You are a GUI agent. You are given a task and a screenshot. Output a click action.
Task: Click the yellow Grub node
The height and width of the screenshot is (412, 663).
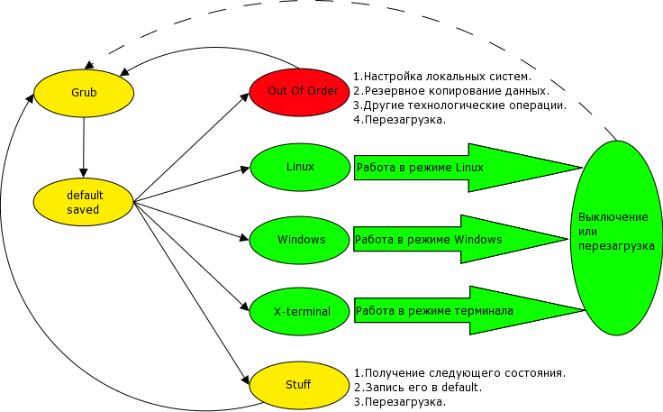click(84, 93)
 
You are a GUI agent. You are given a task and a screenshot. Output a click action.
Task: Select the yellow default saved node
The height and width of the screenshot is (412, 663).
click(84, 203)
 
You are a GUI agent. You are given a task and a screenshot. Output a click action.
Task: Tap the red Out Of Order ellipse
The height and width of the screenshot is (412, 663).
click(303, 91)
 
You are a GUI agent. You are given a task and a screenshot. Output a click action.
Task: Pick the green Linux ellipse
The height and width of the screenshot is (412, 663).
click(300, 167)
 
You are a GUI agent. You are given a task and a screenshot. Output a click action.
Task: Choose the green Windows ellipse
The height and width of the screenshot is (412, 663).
click(301, 240)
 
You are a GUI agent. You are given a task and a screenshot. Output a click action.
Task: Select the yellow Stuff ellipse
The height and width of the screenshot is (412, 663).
click(298, 385)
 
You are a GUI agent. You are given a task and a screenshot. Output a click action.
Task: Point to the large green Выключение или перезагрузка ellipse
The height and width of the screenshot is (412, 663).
click(615, 239)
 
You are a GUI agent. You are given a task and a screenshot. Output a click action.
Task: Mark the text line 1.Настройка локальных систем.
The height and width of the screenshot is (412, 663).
click(442, 76)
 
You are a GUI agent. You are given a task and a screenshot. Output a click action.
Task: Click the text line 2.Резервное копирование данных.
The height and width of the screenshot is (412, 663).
click(450, 90)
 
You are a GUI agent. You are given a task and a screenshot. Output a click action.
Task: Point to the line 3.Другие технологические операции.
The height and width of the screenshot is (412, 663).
click(459, 105)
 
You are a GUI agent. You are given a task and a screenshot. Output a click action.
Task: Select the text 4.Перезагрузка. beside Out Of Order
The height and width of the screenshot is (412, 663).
click(399, 119)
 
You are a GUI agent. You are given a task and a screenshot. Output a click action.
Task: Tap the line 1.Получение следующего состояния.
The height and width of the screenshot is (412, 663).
click(459, 372)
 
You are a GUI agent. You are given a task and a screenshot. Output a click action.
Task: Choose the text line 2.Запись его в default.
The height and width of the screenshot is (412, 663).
click(417, 387)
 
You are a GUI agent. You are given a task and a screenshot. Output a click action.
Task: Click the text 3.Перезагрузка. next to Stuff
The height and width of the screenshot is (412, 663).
click(399, 401)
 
